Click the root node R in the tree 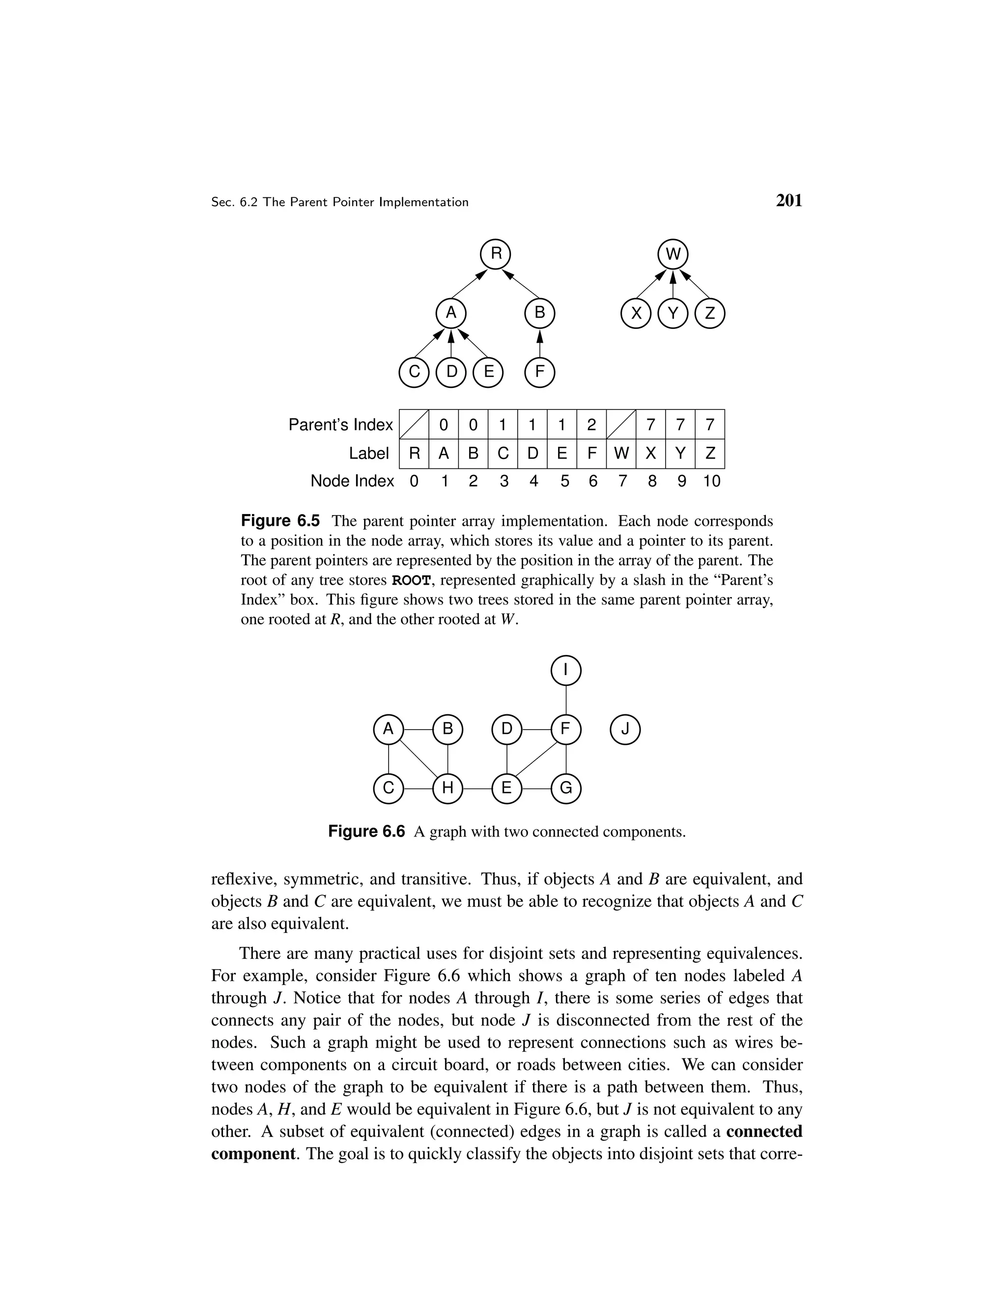(496, 254)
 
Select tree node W (673, 254)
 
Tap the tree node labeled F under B (539, 372)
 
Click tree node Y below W (673, 313)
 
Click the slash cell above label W (621, 424)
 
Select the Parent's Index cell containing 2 (591, 424)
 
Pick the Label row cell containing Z (710, 453)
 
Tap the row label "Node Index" (352, 481)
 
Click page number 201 (789, 201)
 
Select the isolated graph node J (625, 729)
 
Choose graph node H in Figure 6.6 (447, 788)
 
